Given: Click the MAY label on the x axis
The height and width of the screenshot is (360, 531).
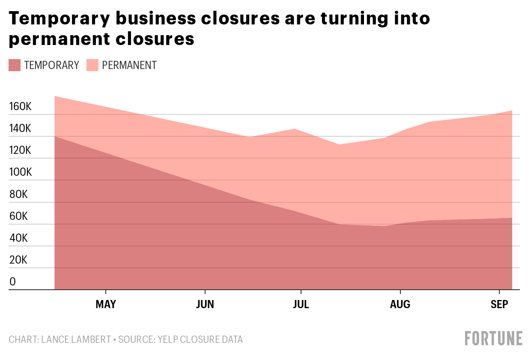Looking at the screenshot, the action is click(x=106, y=304).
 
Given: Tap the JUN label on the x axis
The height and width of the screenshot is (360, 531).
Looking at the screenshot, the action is click(x=205, y=304).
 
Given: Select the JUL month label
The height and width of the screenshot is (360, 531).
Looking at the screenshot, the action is click(x=301, y=304).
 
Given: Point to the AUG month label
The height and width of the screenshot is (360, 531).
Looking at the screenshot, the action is click(x=400, y=304).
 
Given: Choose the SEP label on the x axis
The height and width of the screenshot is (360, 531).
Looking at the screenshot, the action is click(x=499, y=304).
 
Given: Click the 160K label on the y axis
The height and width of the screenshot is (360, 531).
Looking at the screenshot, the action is click(x=21, y=107).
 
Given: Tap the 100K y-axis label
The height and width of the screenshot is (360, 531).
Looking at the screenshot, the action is click(x=21, y=172).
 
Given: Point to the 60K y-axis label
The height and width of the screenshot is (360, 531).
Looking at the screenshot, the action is click(x=18, y=216).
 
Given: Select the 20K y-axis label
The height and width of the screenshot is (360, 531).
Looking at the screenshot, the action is click(x=18, y=260).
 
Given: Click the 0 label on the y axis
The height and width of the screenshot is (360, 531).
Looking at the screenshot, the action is click(x=12, y=282).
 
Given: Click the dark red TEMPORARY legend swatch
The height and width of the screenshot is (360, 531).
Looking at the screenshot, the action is click(x=15, y=65).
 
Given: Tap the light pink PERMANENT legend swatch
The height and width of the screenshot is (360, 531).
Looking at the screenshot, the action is click(x=92, y=65).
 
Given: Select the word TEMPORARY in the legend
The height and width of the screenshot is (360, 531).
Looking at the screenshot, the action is click(x=52, y=65).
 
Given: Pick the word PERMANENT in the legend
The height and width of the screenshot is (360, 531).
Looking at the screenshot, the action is click(x=129, y=65).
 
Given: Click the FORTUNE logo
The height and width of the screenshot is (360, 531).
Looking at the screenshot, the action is click(x=494, y=339).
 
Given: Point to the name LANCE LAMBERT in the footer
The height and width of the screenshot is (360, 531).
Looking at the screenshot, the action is click(x=76, y=339).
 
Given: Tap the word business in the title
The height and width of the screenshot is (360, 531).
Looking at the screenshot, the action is click(x=156, y=18).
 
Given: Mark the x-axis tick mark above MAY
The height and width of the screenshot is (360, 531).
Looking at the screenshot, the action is click(x=106, y=292).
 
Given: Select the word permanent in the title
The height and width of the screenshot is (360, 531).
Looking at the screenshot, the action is click(x=60, y=39).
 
